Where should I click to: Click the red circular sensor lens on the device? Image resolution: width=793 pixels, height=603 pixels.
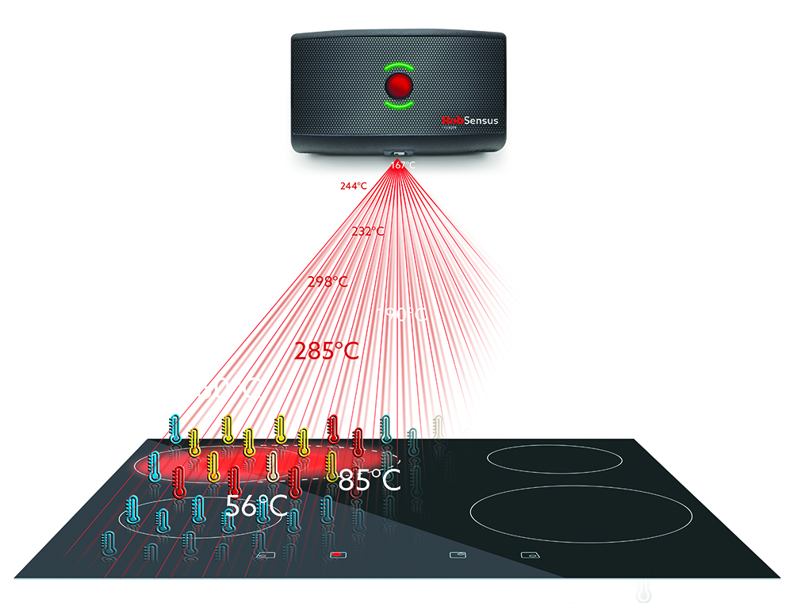[399, 84]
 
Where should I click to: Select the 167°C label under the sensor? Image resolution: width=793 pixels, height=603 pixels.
[402, 165]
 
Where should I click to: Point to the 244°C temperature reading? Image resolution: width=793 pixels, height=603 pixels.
[353, 186]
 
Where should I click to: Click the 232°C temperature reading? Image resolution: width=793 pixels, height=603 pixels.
[369, 232]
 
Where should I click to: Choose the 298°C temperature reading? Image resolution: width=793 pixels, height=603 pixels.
[328, 282]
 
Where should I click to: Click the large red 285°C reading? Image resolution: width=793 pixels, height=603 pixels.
[327, 351]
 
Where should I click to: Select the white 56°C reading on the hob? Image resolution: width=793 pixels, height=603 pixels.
[255, 506]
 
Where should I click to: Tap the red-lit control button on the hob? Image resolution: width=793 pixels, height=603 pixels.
[338, 555]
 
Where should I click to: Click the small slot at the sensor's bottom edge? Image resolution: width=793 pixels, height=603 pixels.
[399, 153]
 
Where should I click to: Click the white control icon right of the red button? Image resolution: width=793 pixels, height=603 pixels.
[457, 555]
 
